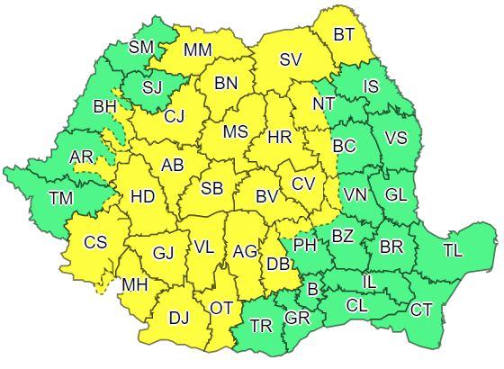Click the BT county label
tap(344, 35)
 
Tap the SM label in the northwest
tap(141, 47)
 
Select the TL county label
tap(453, 250)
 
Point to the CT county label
tap(421, 310)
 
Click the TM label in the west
tap(62, 198)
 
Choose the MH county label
tap(135, 284)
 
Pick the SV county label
tap(290, 60)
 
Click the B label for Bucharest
tap(313, 289)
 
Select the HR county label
tap(279, 139)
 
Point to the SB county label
tap(212, 188)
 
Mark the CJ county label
tap(175, 115)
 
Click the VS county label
tap(395, 139)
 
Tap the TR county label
tap(262, 325)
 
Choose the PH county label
tap(306, 244)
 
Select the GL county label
tap(395, 195)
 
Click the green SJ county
tap(150, 87)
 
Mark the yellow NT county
tap(323, 103)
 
